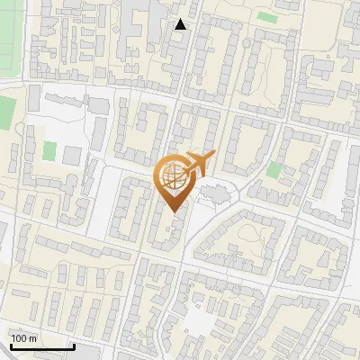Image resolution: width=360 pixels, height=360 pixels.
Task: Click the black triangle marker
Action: click(x=181, y=24)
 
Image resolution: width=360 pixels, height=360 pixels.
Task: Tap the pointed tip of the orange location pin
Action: click(x=173, y=211)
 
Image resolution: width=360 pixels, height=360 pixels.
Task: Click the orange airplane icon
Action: click(x=198, y=163)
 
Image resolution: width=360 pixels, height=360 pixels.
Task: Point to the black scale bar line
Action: click(x=41, y=347)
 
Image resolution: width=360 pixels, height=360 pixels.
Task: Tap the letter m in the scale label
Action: click(x=32, y=338)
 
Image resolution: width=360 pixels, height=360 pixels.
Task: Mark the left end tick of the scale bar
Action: click(x=10, y=346)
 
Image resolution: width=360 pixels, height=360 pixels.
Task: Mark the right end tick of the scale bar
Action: click(x=73, y=346)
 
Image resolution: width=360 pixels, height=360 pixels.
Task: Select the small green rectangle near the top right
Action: click(x=266, y=16)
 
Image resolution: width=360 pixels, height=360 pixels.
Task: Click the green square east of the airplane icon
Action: click(x=274, y=169)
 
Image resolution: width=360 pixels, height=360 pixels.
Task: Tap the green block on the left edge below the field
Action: click(x=6, y=112)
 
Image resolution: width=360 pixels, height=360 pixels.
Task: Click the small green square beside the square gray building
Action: click(x=49, y=151)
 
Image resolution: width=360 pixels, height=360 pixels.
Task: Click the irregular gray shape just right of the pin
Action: click(x=214, y=191)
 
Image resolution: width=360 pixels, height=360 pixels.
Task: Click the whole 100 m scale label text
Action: click(x=24, y=338)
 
